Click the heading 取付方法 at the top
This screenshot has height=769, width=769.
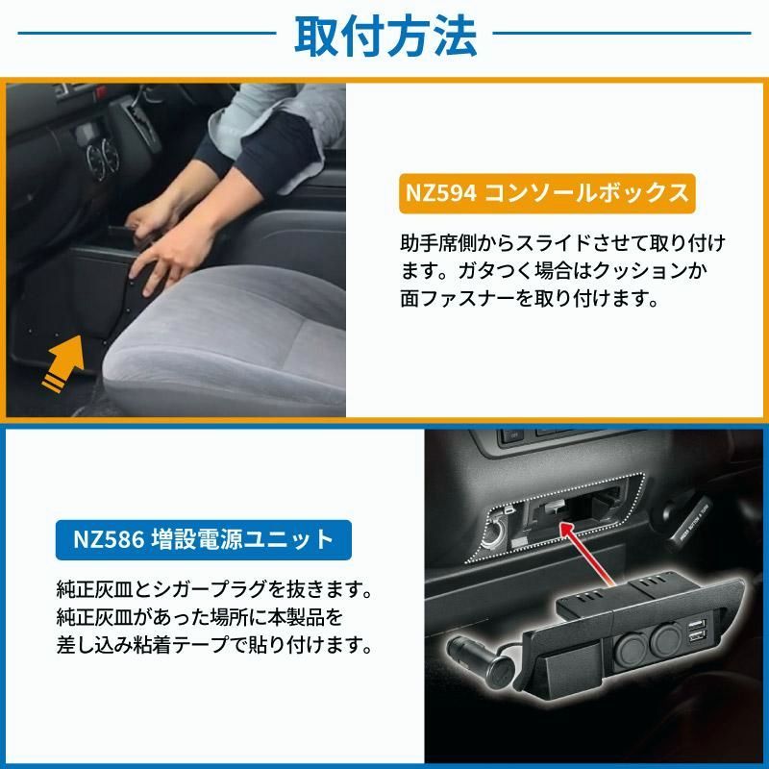click(384, 37)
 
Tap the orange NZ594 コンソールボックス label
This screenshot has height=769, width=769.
click(545, 192)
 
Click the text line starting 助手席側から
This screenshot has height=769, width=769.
click(561, 240)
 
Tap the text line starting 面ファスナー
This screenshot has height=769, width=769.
click(528, 298)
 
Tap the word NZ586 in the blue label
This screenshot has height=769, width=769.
click(111, 538)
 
